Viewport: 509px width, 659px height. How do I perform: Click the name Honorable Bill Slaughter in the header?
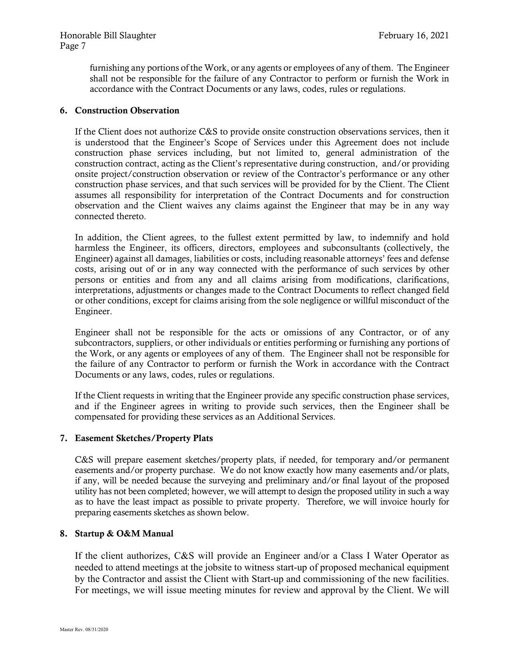108,36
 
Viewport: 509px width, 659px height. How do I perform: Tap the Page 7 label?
73,46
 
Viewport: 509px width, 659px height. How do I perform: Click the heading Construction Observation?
127,111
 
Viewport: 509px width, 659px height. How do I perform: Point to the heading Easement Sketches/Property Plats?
144,438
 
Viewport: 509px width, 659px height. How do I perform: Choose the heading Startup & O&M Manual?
124,534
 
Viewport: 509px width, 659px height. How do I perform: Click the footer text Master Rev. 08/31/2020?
84,629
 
